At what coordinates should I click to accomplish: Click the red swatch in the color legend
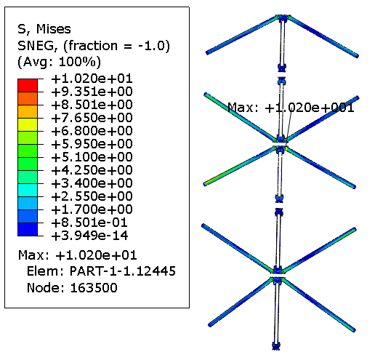pyautogui.click(x=28, y=85)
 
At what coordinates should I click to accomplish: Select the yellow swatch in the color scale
pyautogui.click(x=28, y=124)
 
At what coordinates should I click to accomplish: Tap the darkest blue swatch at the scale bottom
pyautogui.click(x=28, y=229)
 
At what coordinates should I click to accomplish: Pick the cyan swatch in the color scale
pyautogui.click(x=28, y=190)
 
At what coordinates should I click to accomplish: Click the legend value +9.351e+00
pyautogui.click(x=92, y=92)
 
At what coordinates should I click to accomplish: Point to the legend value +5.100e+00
pyautogui.click(x=92, y=157)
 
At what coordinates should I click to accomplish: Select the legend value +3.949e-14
pyautogui.click(x=89, y=236)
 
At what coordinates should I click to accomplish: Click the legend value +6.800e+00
pyautogui.click(x=92, y=131)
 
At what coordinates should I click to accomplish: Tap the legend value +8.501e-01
pyautogui.click(x=89, y=223)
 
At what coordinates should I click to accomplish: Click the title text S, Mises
pyautogui.click(x=44, y=29)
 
